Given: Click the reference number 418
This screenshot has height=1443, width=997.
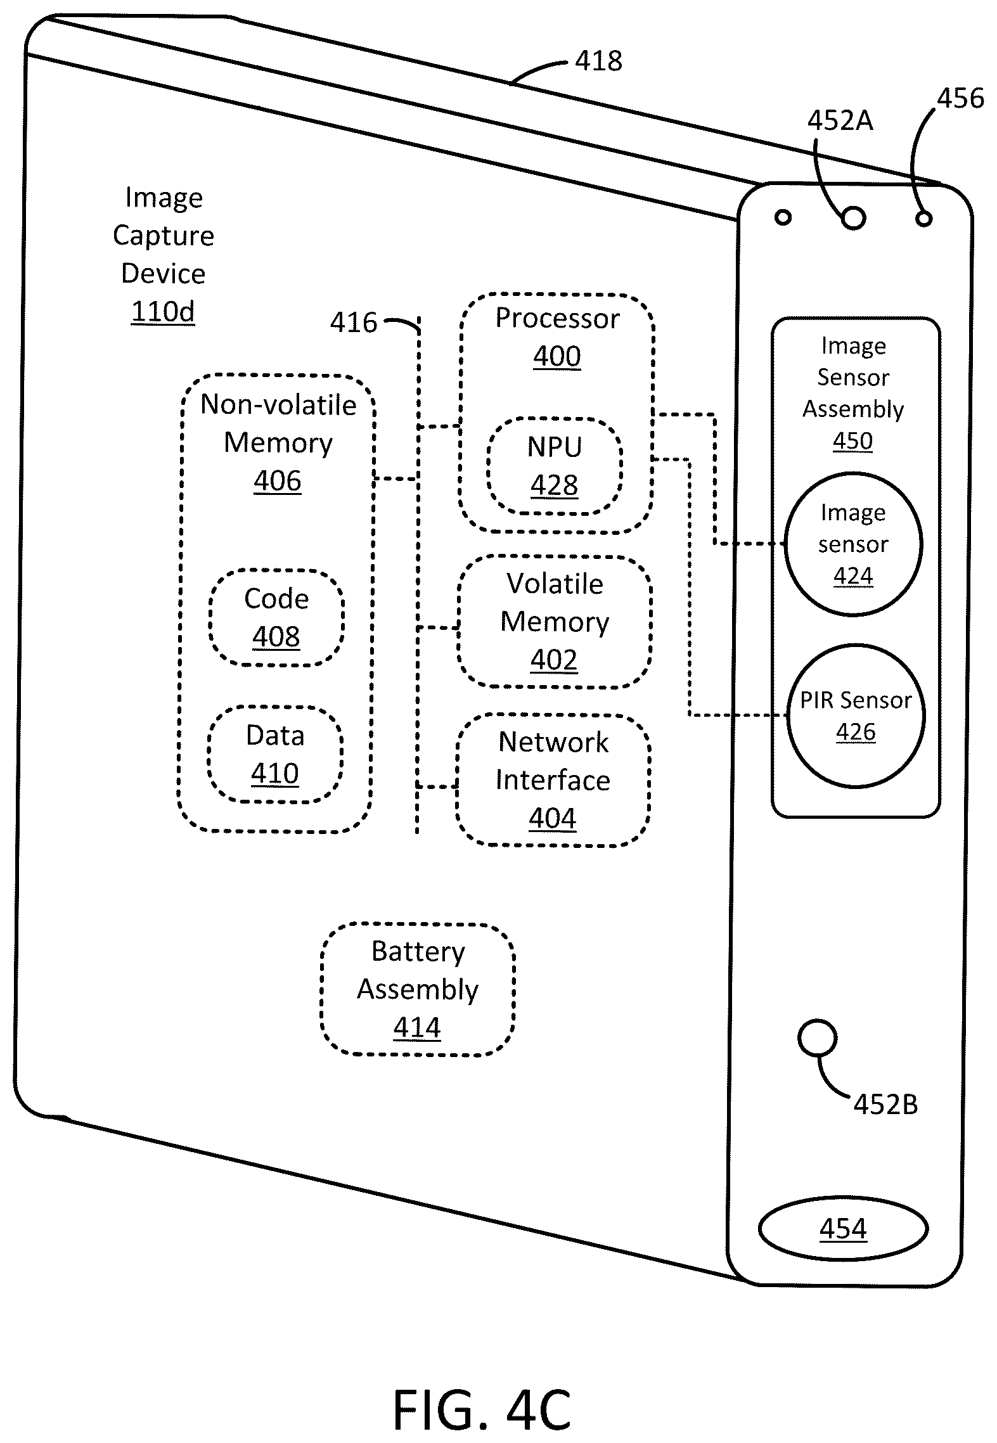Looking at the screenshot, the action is point(598,61).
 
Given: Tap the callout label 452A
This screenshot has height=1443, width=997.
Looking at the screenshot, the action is point(840,120).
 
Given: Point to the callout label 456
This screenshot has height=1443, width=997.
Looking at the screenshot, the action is point(960,98).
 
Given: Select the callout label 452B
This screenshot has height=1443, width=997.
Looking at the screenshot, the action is point(885,1105).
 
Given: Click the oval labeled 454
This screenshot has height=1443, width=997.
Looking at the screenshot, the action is point(843,1229).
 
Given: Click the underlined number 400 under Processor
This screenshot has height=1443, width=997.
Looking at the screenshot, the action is point(557,356).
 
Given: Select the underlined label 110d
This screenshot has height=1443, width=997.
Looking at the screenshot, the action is point(163,311).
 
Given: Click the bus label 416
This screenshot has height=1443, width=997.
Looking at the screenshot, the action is point(354,323).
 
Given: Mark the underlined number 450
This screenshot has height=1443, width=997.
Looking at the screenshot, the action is point(852,440).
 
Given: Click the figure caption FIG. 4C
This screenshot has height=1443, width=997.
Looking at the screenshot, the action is point(482,1409).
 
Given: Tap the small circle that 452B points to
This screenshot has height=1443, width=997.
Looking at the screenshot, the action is point(817,1039).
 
